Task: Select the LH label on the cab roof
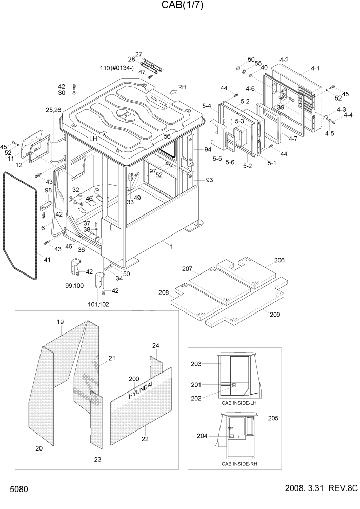pos(93,139)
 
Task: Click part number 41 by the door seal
pos(47,260)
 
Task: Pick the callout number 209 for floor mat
pos(275,315)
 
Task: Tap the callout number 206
pos(279,260)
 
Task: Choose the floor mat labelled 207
pos(219,284)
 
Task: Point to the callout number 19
pos(60,322)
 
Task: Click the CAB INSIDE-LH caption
pos(239,403)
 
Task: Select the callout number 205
pos(273,418)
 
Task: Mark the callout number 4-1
pos(315,68)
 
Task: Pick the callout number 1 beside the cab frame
pos(171,247)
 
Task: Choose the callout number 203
pos(196,364)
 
